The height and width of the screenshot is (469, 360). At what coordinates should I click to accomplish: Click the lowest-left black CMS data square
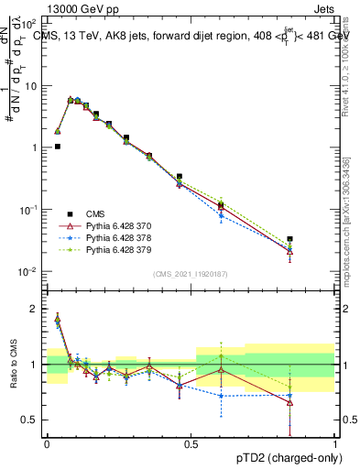click(x=57, y=146)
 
